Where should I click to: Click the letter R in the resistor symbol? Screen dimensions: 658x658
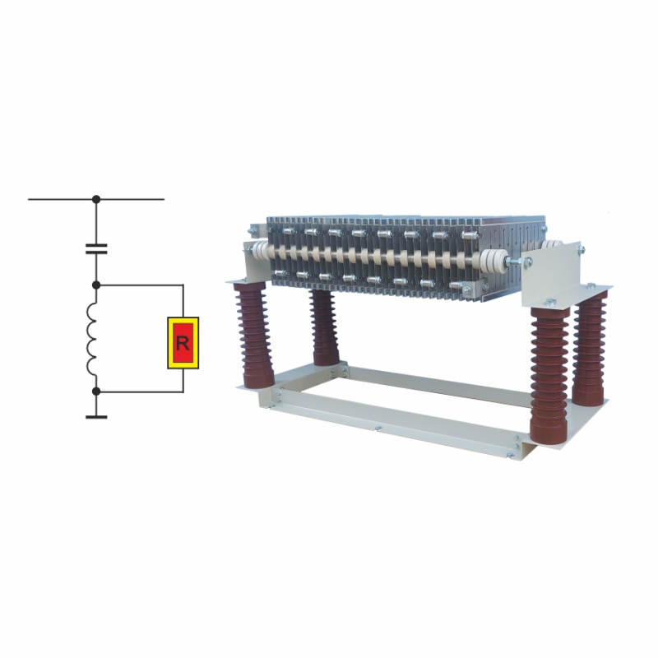(183, 343)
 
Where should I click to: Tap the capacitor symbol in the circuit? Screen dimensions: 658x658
(96, 249)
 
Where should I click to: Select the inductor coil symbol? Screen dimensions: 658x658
(91, 340)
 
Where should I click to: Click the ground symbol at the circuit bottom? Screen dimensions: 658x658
(96, 417)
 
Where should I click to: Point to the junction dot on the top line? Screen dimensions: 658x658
(96, 199)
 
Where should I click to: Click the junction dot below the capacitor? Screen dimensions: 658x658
(96, 285)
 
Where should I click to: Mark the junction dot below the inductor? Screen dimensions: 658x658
(96, 392)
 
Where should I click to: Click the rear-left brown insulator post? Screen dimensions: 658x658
(325, 327)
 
